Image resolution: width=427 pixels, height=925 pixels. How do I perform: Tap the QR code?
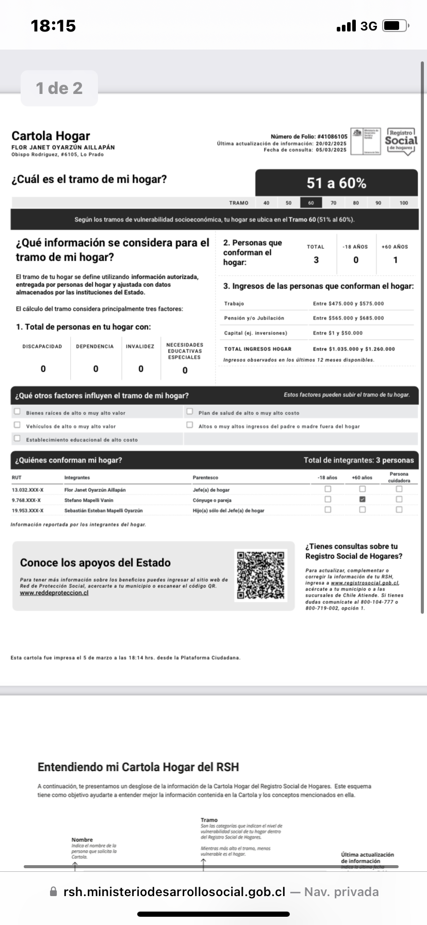(x=260, y=576)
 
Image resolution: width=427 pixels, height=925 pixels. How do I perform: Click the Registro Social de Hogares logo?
(x=401, y=141)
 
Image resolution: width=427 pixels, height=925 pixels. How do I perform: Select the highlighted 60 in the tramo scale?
(x=311, y=203)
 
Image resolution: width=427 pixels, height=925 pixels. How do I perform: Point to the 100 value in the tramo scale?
(x=404, y=203)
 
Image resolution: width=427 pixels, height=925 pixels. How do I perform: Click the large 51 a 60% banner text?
(x=336, y=183)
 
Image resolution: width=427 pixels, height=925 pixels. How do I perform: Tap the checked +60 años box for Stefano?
(x=363, y=499)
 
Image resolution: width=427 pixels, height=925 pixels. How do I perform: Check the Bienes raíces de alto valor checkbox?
(x=18, y=411)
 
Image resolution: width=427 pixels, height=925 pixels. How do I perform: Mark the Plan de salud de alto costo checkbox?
(x=190, y=411)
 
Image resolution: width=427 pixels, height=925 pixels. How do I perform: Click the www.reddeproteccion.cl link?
(x=54, y=593)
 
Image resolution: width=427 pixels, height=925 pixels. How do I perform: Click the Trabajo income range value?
(x=348, y=304)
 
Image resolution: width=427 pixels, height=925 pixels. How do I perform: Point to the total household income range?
(x=354, y=349)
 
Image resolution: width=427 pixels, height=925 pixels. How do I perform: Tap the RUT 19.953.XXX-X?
(x=27, y=511)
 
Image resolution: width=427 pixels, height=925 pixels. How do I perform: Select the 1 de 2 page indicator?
(x=59, y=88)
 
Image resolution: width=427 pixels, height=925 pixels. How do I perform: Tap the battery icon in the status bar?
(x=396, y=26)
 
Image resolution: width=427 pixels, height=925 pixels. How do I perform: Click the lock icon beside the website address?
(x=53, y=891)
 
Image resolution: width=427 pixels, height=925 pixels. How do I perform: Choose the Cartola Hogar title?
(x=51, y=136)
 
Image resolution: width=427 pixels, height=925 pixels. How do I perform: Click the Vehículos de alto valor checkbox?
(x=18, y=425)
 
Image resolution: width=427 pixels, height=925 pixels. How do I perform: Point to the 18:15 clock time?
(x=53, y=26)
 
